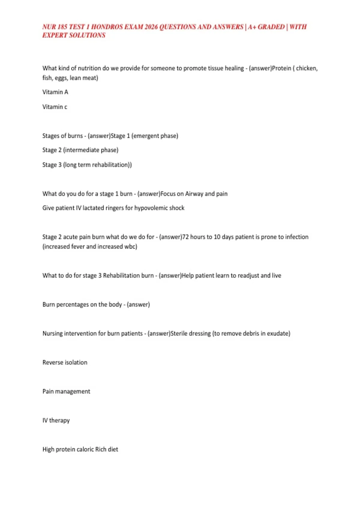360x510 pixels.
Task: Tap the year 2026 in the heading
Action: pyautogui.click(x=151, y=27)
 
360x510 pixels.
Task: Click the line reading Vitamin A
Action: pyautogui.click(x=55, y=92)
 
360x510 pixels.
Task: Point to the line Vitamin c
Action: pyautogui.click(x=55, y=107)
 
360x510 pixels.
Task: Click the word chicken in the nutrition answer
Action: pyautogui.click(x=307, y=68)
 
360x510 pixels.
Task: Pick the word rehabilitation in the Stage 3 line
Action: pyautogui.click(x=110, y=165)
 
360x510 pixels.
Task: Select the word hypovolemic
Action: pyautogui.click(x=151, y=208)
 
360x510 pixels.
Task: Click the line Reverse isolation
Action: pyautogui.click(x=65, y=362)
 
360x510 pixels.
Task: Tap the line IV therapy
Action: pyautogui.click(x=56, y=420)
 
